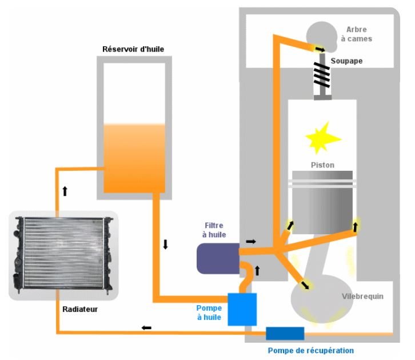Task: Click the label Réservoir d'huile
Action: [x=134, y=49]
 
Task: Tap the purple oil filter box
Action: [x=218, y=258]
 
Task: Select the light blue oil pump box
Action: [x=242, y=309]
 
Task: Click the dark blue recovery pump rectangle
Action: [x=285, y=333]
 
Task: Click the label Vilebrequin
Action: [x=362, y=297]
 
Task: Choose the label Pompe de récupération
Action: [x=311, y=350]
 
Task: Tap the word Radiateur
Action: [x=81, y=309]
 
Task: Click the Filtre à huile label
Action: [x=215, y=230]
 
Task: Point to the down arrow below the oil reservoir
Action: [x=165, y=245]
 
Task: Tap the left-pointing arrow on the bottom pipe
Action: [x=147, y=327]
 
